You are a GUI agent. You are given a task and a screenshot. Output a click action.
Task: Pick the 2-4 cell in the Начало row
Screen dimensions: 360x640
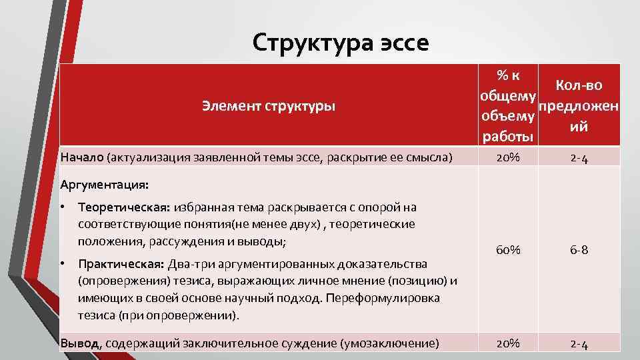click(x=578, y=158)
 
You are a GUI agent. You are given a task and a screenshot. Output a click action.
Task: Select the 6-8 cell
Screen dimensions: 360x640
click(x=578, y=250)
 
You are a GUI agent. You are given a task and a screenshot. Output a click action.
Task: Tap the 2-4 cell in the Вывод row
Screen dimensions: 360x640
click(x=578, y=343)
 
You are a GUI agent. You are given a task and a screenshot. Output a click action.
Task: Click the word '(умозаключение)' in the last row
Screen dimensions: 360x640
click(x=389, y=343)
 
